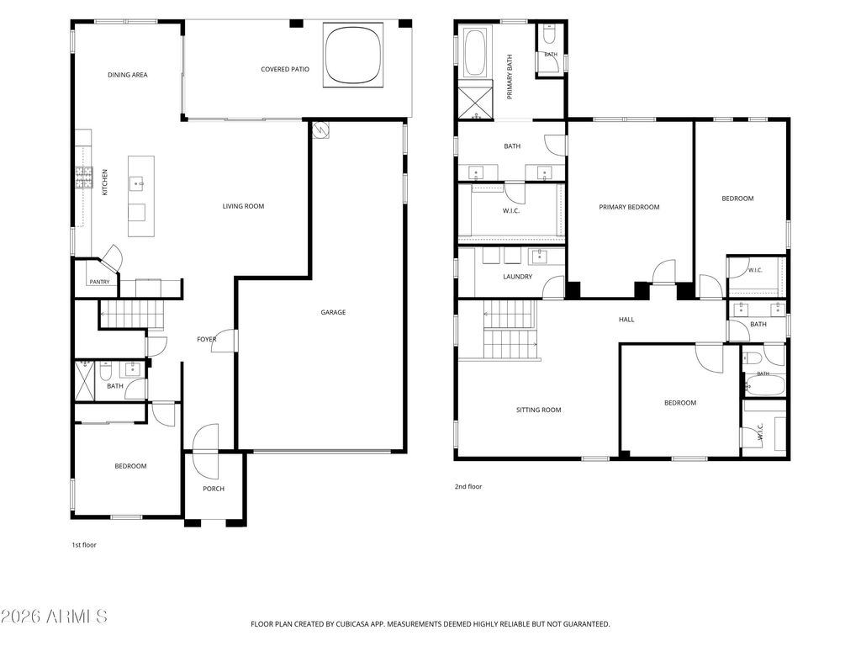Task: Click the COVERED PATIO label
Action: (284, 69)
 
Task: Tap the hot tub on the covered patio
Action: (352, 55)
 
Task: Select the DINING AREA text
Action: (128, 75)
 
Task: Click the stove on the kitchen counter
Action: (83, 177)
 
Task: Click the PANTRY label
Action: (99, 282)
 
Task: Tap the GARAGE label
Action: (333, 312)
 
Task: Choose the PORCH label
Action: (214, 489)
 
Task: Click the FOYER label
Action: (207, 340)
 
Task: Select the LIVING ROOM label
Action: (243, 206)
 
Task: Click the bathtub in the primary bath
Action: (475, 53)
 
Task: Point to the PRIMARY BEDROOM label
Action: (629, 207)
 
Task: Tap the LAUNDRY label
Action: (517, 276)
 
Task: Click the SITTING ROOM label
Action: (538, 410)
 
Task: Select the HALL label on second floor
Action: (626, 319)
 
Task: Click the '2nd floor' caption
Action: (467, 486)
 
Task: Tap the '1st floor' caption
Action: (84, 545)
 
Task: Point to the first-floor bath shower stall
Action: (85, 380)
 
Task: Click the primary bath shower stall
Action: (476, 102)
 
